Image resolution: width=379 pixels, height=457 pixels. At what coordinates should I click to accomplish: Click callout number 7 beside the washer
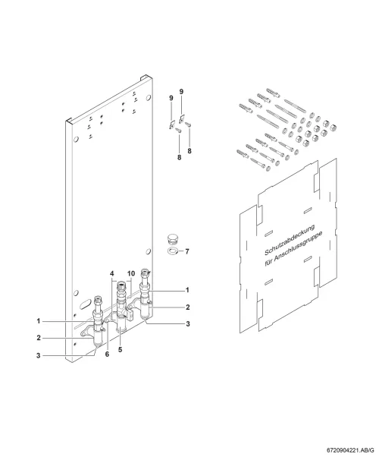coord(187,251)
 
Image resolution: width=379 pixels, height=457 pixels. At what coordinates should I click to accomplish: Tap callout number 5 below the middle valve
coord(121,349)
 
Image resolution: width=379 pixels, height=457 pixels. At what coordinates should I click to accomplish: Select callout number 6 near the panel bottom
coord(107,354)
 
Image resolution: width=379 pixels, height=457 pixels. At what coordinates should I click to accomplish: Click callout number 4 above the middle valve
coord(112,274)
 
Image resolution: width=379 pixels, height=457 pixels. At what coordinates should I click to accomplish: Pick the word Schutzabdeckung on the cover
coord(290,240)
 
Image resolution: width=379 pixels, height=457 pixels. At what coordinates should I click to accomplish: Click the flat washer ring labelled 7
coord(174,251)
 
